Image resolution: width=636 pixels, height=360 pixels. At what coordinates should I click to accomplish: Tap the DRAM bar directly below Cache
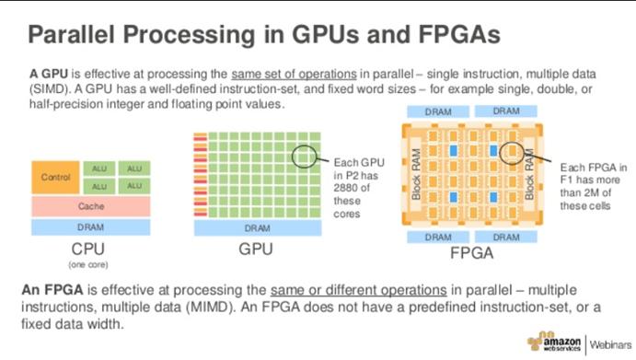tap(91, 226)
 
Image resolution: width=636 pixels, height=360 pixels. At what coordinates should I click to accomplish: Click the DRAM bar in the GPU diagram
tap(257, 226)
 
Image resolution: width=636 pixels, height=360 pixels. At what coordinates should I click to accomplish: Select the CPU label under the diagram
tap(90, 249)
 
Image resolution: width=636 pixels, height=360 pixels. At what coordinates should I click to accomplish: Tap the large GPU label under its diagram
tap(257, 249)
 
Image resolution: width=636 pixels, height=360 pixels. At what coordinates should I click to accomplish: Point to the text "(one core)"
tap(89, 264)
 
